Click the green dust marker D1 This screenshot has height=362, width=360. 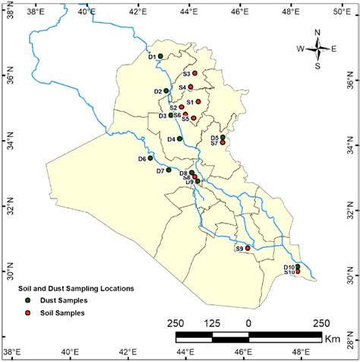click(x=160, y=56)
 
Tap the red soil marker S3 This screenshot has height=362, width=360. click(x=195, y=73)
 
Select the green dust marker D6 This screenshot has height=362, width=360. click(x=150, y=158)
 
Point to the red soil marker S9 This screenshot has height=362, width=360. click(x=248, y=248)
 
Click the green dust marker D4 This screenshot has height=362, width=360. click(x=180, y=139)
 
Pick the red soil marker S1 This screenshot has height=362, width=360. click(x=198, y=101)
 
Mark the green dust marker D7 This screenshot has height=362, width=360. click(x=169, y=170)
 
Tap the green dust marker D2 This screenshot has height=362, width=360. click(x=166, y=91)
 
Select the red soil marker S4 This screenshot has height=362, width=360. click(x=191, y=87)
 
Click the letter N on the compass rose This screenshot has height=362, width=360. click(x=317, y=32)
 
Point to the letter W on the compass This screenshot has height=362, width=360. click(x=301, y=49)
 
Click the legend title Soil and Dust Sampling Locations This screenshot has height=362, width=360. click(x=77, y=289)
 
